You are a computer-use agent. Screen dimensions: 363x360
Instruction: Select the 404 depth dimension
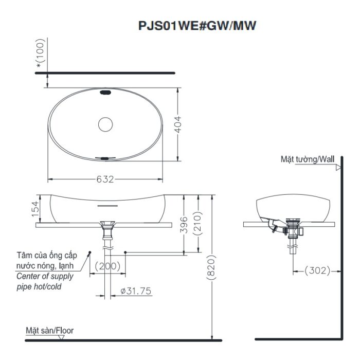178,123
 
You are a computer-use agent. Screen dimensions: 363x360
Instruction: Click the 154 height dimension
35,209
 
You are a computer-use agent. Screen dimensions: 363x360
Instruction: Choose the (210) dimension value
197,224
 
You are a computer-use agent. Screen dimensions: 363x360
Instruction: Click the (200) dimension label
107,266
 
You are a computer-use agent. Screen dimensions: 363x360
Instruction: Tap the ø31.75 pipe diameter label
136,291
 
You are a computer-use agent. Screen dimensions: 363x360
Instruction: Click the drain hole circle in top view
105,124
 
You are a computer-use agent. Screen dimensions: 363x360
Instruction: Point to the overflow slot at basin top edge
105,93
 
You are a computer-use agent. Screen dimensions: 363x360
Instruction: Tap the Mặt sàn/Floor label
50,330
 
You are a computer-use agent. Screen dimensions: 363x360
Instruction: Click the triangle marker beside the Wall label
338,167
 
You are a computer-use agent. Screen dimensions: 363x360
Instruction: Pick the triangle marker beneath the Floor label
61,337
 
